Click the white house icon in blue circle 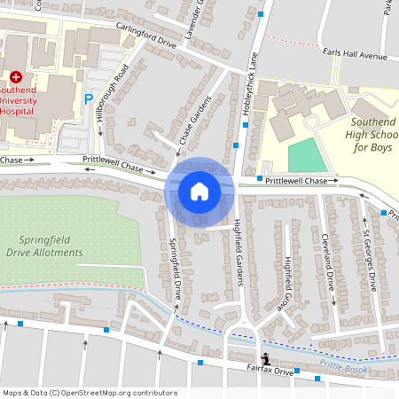click(x=199, y=191)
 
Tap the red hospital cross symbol click(x=15, y=78)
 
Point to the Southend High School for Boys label click(x=372, y=134)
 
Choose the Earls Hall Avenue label click(x=356, y=55)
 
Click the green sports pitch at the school click(x=307, y=156)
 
